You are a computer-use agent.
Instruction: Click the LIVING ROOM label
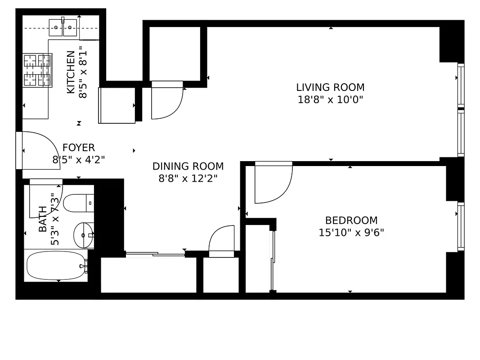point(330,87)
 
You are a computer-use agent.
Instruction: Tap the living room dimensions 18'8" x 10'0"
point(330,99)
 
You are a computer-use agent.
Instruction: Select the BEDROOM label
point(351,220)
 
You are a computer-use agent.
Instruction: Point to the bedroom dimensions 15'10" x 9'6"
point(351,233)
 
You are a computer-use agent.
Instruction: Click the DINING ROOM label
point(188,166)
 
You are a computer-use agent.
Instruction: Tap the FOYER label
point(79,148)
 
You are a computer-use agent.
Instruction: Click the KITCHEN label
point(71,72)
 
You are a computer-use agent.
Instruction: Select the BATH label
point(43,219)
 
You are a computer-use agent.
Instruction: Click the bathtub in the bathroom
point(56,265)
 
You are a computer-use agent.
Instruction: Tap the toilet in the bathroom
point(78,203)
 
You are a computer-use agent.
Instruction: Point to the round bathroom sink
point(83,234)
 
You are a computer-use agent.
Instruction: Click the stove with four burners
point(37,70)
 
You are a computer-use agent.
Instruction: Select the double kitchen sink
point(63,27)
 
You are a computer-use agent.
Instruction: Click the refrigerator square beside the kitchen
point(117,105)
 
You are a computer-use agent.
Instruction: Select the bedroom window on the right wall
point(461,226)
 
